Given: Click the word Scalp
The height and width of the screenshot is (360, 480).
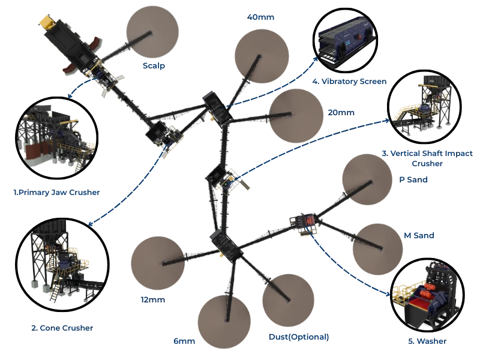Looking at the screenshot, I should point(154,65).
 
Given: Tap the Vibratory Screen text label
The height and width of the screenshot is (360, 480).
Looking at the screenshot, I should point(350,80).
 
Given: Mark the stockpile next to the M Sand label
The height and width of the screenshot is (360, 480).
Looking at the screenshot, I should point(377,250).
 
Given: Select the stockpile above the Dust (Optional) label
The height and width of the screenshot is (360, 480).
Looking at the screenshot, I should point(288,301).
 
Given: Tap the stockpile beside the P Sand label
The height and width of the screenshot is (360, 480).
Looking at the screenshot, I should point(367,179).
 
